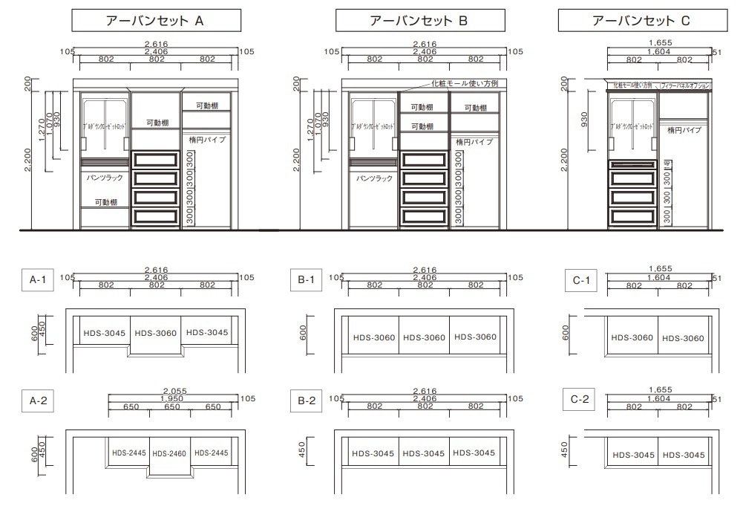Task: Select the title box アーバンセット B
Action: click(x=419, y=22)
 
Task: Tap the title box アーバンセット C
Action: click(x=641, y=22)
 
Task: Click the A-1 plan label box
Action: click(x=37, y=280)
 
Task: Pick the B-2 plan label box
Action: click(x=307, y=401)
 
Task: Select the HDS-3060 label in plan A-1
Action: click(x=156, y=333)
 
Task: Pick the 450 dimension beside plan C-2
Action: click(x=566, y=450)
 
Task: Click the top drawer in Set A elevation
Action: click(x=156, y=160)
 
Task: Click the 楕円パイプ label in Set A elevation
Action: click(x=211, y=139)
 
